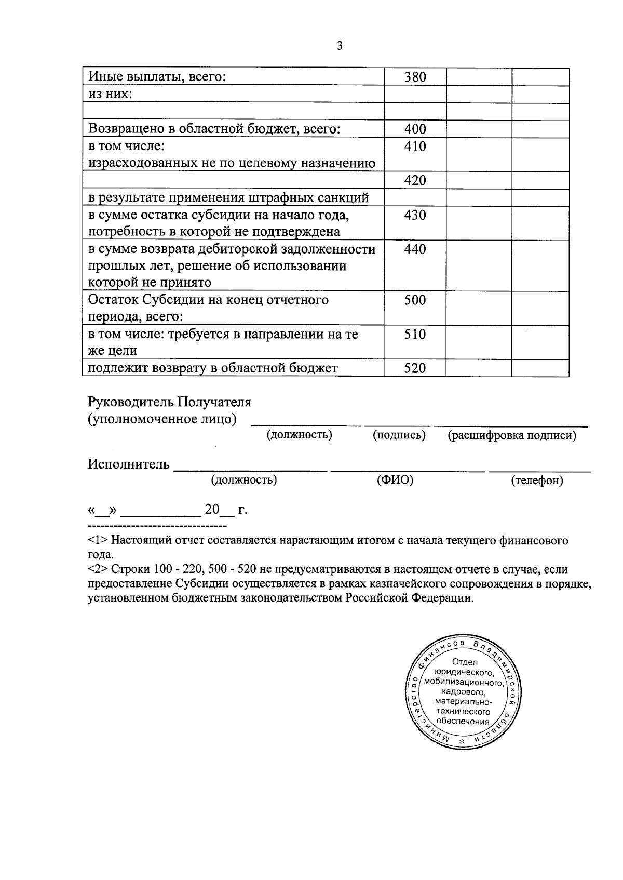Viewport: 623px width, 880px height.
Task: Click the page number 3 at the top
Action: tap(340, 46)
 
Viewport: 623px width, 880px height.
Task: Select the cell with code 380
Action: tap(415, 77)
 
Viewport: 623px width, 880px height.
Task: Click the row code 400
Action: tap(415, 129)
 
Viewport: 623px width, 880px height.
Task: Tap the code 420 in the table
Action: tap(415, 180)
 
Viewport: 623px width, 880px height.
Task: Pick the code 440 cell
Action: tap(415, 249)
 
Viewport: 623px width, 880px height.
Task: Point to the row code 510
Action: tap(415, 334)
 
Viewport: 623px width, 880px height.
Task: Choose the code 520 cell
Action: tap(415, 368)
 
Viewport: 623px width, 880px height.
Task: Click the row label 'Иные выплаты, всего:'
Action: tap(157, 77)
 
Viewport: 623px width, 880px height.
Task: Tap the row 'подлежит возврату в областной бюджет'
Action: tap(213, 368)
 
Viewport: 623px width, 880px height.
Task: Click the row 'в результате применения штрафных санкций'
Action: tap(228, 198)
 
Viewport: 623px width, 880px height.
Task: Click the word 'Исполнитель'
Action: tap(128, 464)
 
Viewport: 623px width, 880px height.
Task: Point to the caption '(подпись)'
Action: tap(399, 435)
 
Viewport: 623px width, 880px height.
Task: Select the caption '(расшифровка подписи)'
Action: tap(512, 435)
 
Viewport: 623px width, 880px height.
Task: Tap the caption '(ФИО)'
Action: tap(395, 480)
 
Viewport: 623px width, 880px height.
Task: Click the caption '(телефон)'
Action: tap(537, 481)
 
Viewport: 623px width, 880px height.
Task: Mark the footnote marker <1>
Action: tap(98, 540)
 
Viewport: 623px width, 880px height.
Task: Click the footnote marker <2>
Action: tap(98, 569)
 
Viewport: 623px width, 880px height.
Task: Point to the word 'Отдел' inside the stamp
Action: tap(465, 662)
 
